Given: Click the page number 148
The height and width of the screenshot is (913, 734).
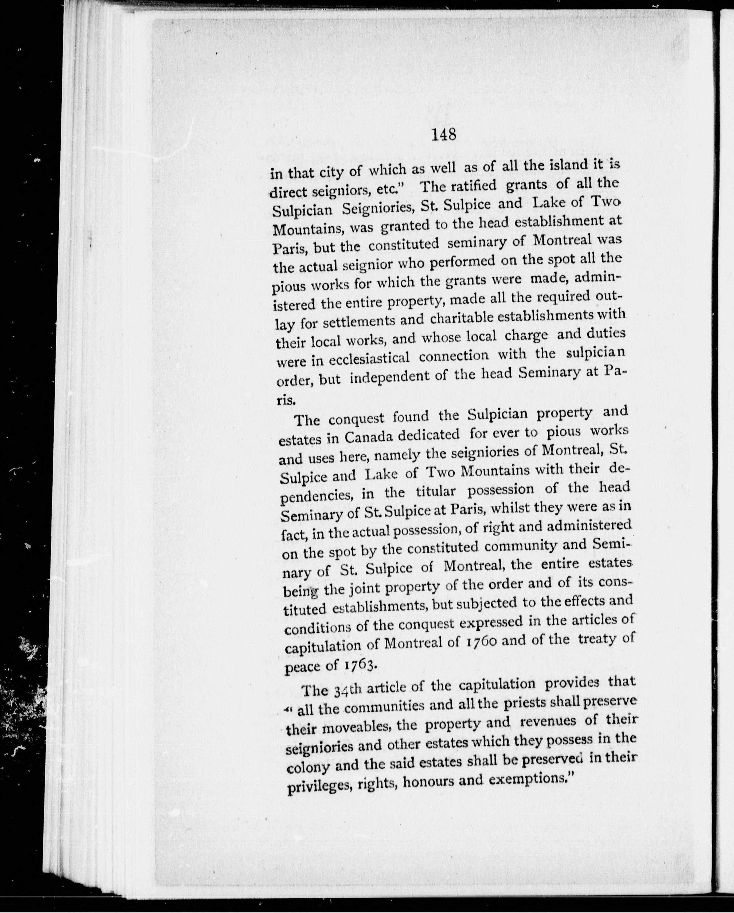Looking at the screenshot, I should pos(444,135).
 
